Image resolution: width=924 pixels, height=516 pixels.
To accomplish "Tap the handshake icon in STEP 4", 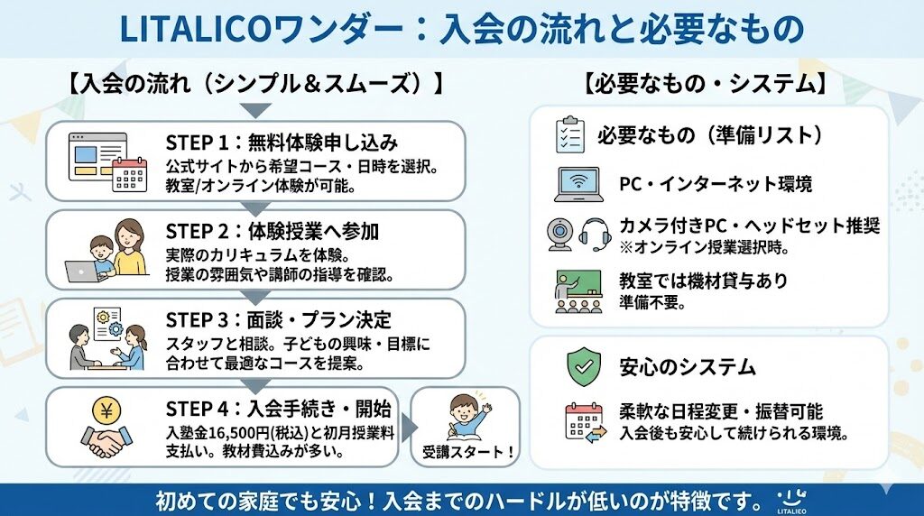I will [107, 441].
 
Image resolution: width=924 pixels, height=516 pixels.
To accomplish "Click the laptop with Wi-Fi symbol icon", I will [577, 184].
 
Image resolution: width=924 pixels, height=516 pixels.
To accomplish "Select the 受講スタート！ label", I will [467, 452].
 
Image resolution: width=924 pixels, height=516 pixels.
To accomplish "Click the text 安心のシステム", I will [688, 367].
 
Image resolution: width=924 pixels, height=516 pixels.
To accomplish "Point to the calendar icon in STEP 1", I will [129, 174].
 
